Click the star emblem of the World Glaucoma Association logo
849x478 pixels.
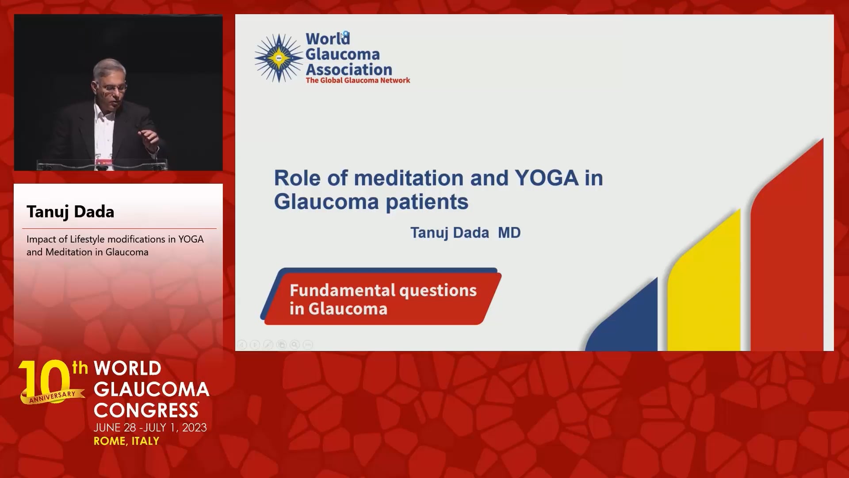click(279, 58)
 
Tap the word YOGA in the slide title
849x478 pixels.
click(547, 178)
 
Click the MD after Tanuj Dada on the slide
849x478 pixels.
click(509, 233)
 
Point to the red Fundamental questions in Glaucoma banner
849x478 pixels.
click(381, 297)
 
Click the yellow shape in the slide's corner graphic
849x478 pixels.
click(704, 280)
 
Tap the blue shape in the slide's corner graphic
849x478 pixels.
click(621, 314)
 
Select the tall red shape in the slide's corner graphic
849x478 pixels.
click(787, 245)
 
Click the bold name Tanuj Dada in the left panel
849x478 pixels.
click(70, 212)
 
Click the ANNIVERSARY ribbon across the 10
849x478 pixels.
click(53, 397)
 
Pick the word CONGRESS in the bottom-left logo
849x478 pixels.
click(146, 410)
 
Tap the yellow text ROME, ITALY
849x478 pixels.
click(126, 441)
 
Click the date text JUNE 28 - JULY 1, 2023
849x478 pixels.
click(150, 428)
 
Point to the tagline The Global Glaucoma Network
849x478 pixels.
click(358, 81)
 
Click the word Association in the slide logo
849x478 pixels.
click(349, 69)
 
